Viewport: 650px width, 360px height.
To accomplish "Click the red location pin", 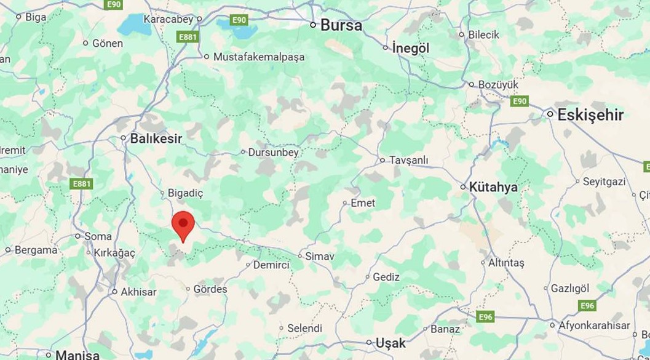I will click(x=183, y=225).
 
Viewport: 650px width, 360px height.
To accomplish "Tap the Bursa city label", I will click(x=341, y=26).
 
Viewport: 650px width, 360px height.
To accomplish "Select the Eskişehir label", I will click(x=590, y=115).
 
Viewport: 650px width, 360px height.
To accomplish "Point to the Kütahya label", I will click(x=493, y=187).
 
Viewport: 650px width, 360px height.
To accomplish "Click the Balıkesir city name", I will click(x=156, y=138).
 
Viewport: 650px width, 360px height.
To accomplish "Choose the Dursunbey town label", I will click(x=274, y=152).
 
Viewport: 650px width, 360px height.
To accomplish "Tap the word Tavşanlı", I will click(x=408, y=160).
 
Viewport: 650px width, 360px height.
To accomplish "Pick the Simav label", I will click(x=320, y=256).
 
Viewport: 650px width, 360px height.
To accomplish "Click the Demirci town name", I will click(x=271, y=265).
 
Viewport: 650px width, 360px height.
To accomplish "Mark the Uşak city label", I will click(x=390, y=343).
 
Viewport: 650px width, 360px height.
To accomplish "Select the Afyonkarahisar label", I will click(x=594, y=326).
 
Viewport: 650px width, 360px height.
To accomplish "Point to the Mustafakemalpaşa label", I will click(x=259, y=57).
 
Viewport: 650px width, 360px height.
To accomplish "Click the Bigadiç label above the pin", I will click(x=185, y=193).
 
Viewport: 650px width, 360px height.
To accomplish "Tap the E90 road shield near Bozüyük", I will click(x=520, y=101).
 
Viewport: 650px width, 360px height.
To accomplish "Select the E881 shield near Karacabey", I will click(x=188, y=37).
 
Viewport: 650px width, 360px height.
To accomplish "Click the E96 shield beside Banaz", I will click(x=486, y=316).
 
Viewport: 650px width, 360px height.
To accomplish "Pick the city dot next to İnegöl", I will click(x=386, y=47).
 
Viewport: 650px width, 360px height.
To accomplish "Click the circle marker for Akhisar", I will click(x=114, y=292).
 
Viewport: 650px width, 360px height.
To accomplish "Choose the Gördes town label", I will click(x=210, y=289).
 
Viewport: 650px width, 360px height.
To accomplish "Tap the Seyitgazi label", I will click(x=604, y=182).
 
